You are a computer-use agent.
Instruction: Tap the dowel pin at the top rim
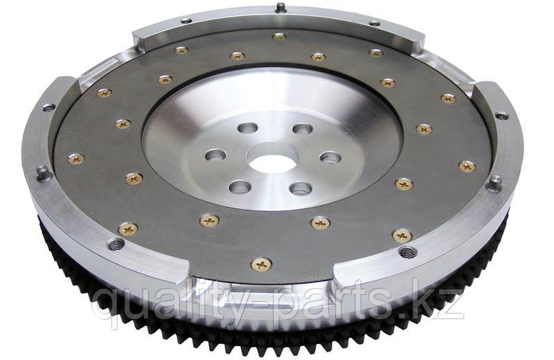point(280,8)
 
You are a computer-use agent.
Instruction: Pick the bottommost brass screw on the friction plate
point(261,264)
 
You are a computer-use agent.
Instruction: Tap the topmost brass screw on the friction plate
point(278,36)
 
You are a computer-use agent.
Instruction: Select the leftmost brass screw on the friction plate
point(75,159)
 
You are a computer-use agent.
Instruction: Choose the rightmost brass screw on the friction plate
point(467,166)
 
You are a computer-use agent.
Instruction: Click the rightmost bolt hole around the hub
point(330,157)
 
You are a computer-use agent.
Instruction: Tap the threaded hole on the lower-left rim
point(116,244)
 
